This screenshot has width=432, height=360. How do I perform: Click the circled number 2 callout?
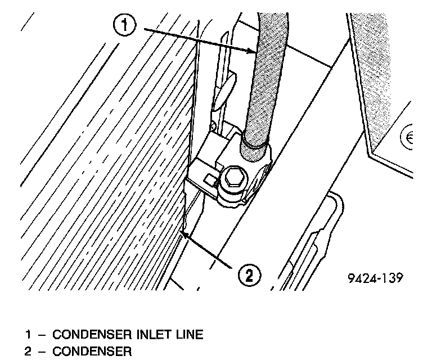(x=248, y=275)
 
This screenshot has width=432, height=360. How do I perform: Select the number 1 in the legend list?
(x=28, y=335)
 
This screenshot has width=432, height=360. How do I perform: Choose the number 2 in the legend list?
(x=28, y=353)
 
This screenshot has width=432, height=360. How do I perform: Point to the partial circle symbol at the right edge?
(x=407, y=138)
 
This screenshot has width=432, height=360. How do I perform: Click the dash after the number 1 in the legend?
(x=40, y=335)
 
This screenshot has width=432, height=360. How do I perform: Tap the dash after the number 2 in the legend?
(x=40, y=353)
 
